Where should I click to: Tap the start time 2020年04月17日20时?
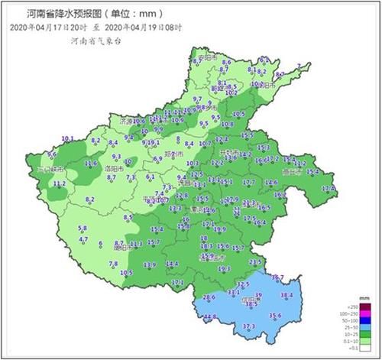click(48, 28)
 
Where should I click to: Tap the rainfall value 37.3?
click(248, 326)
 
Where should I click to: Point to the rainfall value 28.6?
click(209, 297)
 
